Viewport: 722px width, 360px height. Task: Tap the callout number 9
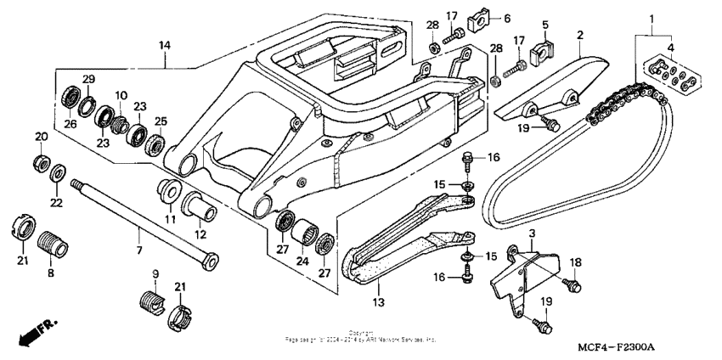[155, 273]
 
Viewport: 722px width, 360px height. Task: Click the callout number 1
[651, 18]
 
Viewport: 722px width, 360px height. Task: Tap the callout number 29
[87, 80]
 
